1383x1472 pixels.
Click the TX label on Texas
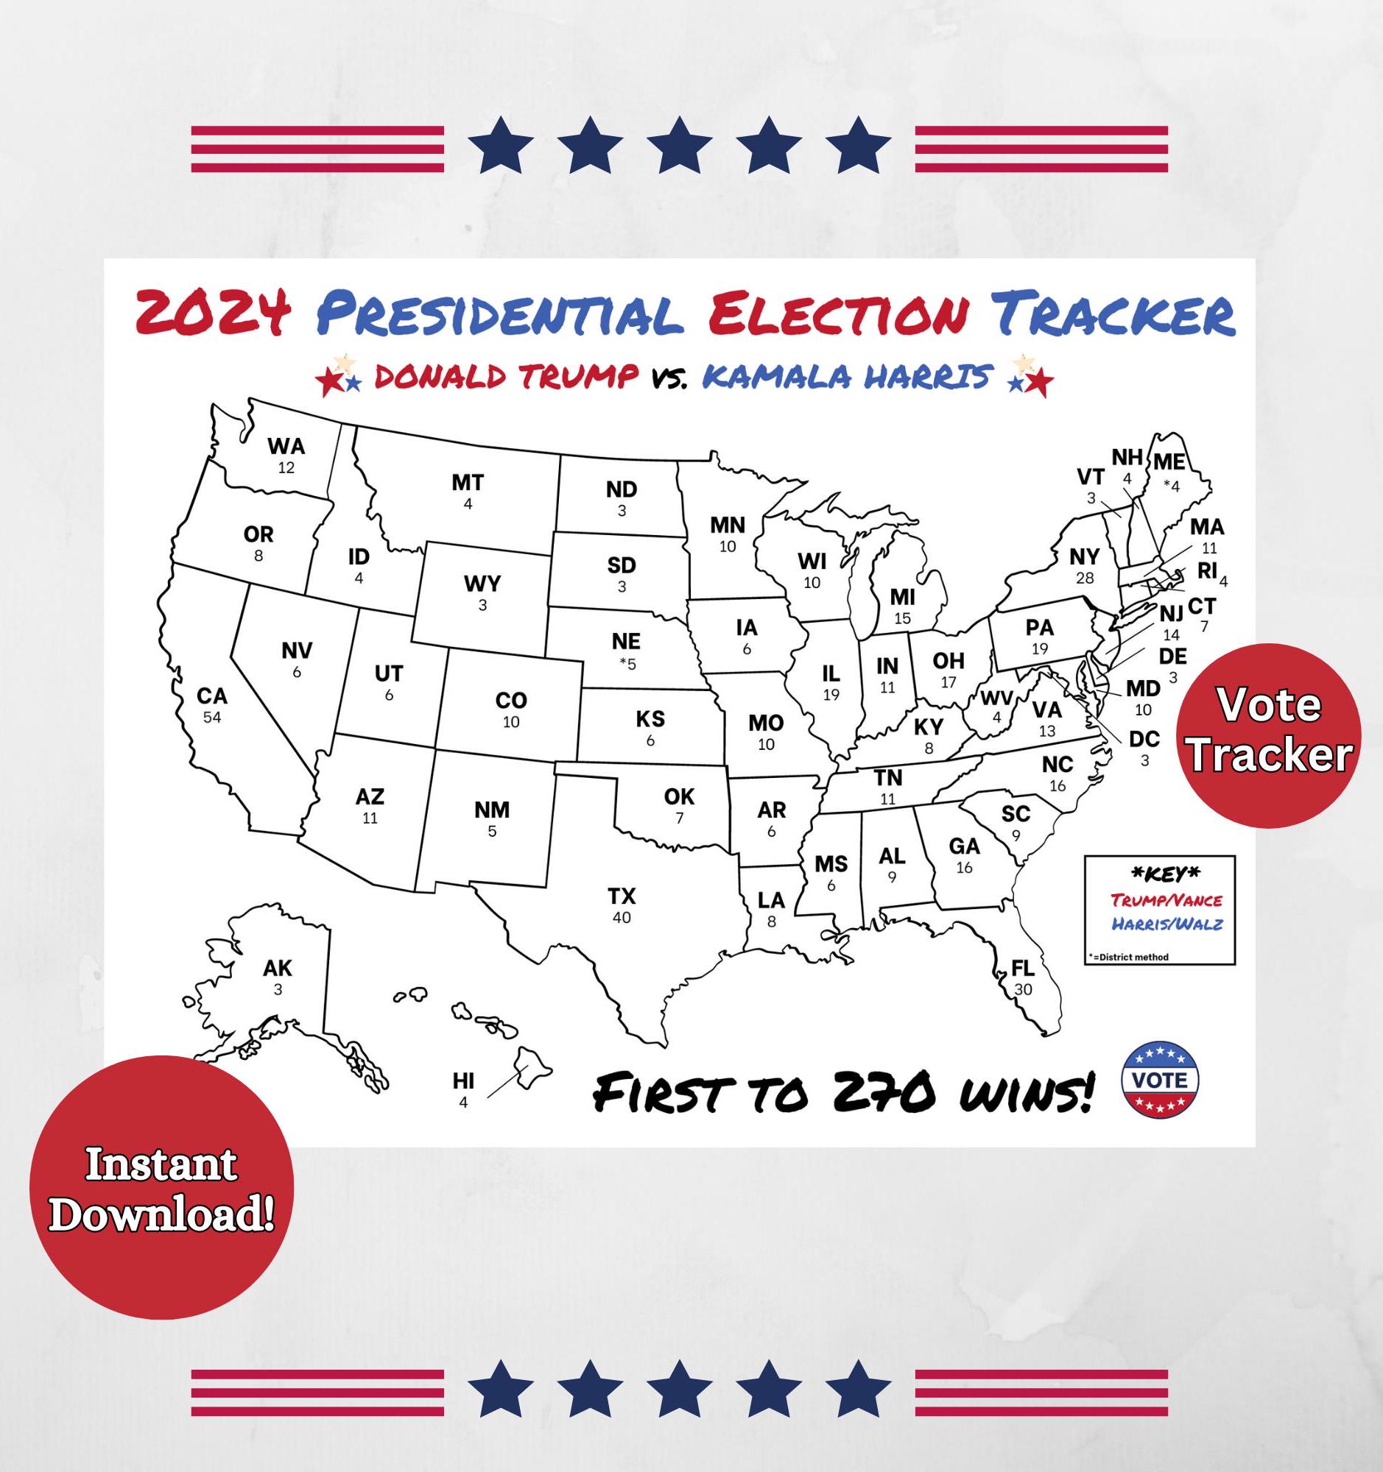tap(622, 896)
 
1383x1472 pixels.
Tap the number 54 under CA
tap(212, 717)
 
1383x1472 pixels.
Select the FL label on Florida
tap(1023, 968)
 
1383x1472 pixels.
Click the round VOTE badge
tap(1159, 1080)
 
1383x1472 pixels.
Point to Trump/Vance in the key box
tap(1166, 900)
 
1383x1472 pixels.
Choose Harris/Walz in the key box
tap(1166, 924)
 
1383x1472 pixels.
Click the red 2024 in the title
tap(214, 314)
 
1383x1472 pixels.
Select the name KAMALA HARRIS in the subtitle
tap(846, 376)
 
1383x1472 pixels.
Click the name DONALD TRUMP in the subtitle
tap(506, 376)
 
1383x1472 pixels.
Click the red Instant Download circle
tap(161, 1188)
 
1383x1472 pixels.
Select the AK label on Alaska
tap(278, 968)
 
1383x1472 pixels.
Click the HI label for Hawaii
tap(464, 1081)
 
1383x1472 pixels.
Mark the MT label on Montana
tap(468, 483)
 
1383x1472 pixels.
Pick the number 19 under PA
tap(1039, 648)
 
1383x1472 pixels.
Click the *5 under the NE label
tap(627, 663)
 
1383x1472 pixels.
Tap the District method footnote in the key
tap(1129, 957)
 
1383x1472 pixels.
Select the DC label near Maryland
tap(1144, 739)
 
